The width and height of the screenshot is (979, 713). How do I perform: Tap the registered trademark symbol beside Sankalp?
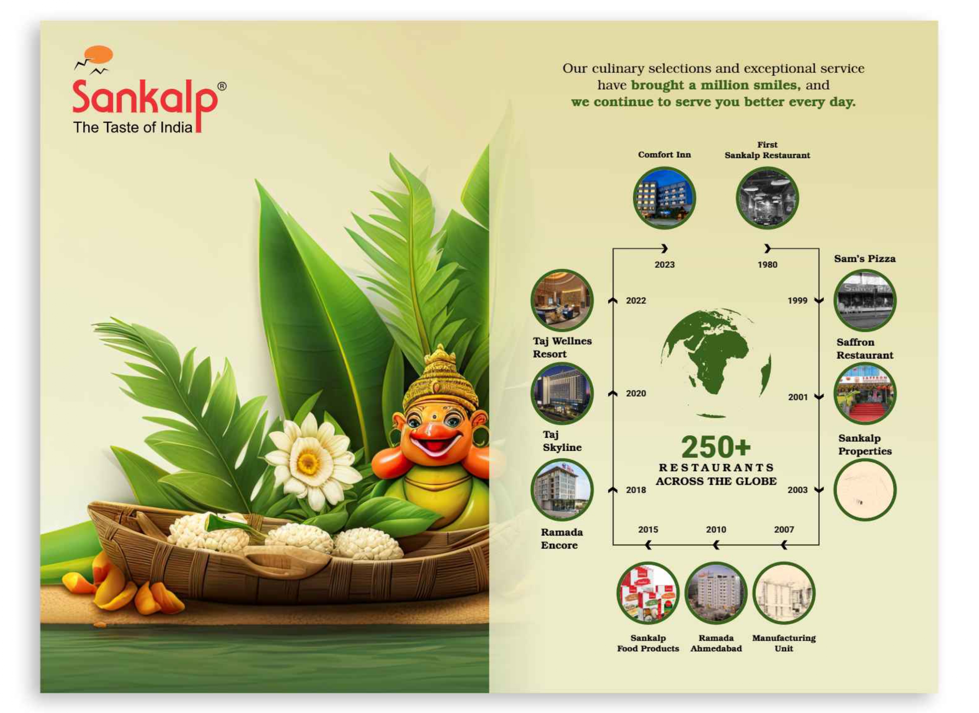click(x=222, y=86)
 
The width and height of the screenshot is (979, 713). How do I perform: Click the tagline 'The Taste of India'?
click(x=133, y=127)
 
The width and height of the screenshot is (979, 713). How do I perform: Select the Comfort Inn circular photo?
click(x=664, y=198)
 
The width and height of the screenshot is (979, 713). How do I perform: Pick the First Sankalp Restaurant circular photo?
click(x=767, y=198)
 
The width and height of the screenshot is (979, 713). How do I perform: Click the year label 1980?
click(x=767, y=265)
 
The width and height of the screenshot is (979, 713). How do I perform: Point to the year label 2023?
click(x=665, y=265)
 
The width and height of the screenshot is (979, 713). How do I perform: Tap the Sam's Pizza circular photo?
click(x=864, y=300)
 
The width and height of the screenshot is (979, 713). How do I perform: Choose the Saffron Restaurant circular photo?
click(x=864, y=394)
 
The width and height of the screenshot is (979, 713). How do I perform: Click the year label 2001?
click(x=797, y=397)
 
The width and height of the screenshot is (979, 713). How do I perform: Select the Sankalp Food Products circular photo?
click(x=648, y=593)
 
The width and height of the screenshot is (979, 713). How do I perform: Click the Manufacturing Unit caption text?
click(x=784, y=643)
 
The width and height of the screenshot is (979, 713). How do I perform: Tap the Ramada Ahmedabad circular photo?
click(x=716, y=593)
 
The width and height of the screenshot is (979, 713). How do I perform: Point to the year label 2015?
click(x=648, y=530)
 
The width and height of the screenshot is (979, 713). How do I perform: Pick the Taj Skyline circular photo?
click(x=561, y=394)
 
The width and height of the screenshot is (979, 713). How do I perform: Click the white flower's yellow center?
click(x=308, y=463)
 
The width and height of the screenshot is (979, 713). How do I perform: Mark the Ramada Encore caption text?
click(x=561, y=539)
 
